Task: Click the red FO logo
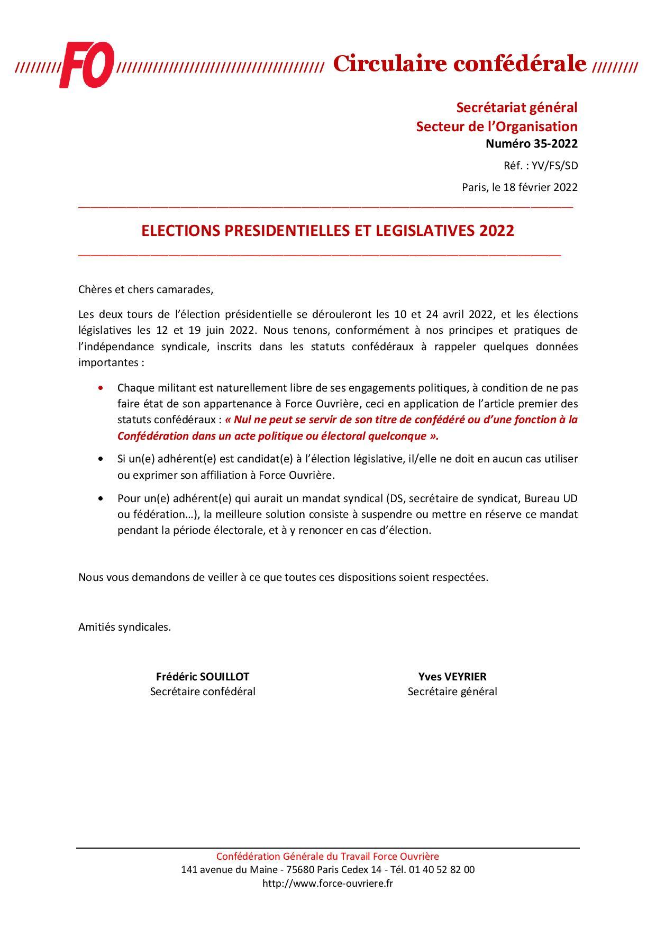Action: coord(86,65)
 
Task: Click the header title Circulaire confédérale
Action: coord(460,64)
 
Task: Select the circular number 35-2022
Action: coord(555,144)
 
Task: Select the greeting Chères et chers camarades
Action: coord(145,290)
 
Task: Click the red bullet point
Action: coord(101,388)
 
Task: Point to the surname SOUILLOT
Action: coord(224,677)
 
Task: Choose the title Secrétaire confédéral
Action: coord(203,692)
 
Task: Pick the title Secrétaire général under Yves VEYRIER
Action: coord(452,692)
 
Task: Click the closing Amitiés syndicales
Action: coord(124,627)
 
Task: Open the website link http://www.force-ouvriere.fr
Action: coord(328,883)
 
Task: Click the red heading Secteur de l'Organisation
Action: coord(496,126)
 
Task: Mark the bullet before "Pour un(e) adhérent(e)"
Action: coord(101,498)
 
